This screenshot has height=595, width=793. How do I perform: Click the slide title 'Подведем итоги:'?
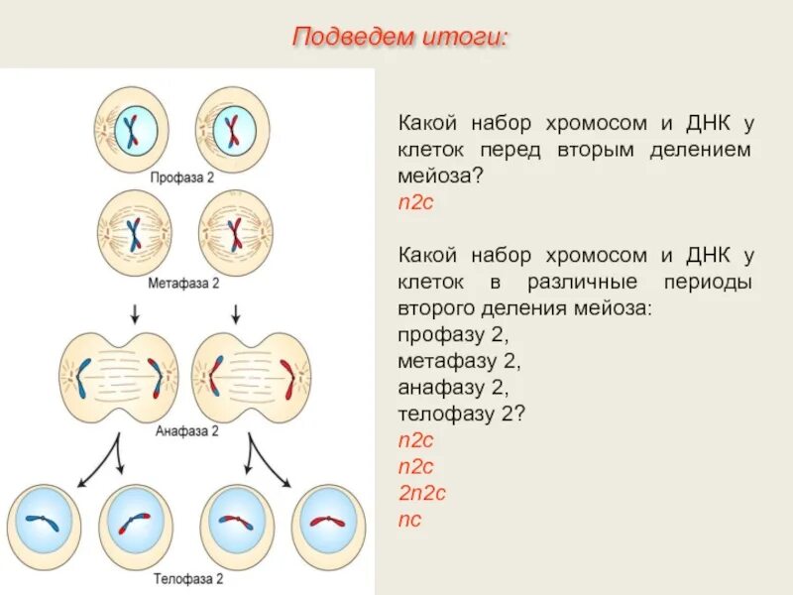coord(399,38)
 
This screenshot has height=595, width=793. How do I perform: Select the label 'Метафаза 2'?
coord(183,283)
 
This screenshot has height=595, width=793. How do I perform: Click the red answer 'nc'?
coord(408,519)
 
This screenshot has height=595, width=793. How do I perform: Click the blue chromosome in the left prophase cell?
coord(131,129)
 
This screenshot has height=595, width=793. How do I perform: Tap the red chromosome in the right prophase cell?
coord(232,129)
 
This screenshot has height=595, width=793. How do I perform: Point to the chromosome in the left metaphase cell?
coord(134,234)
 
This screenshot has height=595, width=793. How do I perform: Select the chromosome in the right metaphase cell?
coord(235,234)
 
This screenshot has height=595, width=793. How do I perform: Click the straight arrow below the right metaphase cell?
coord(236,314)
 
